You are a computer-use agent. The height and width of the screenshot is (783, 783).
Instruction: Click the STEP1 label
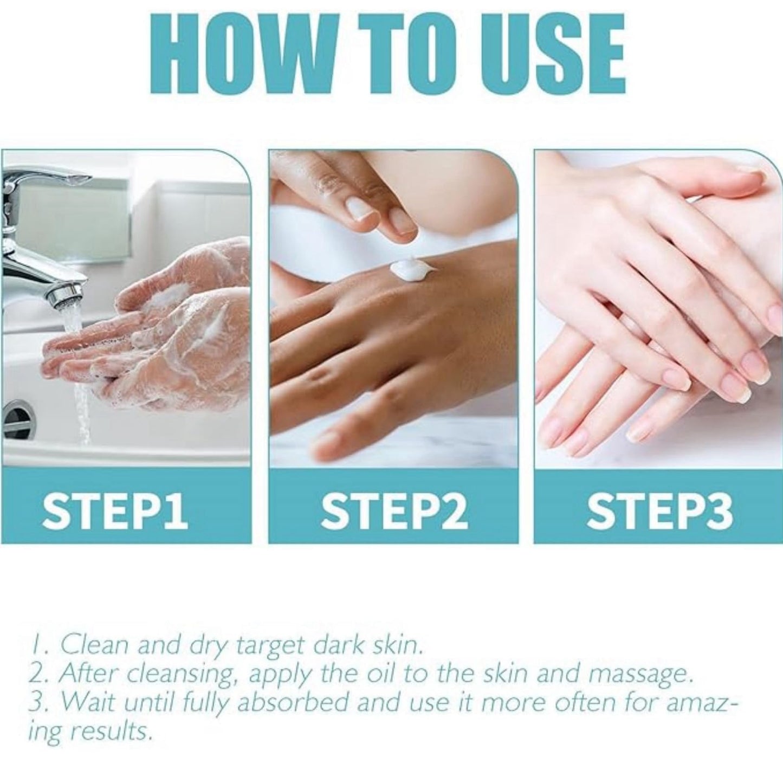(x=115, y=509)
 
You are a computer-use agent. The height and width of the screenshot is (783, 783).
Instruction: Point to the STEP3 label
(x=659, y=509)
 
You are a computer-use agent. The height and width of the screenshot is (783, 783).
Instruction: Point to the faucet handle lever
(x=44, y=174)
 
